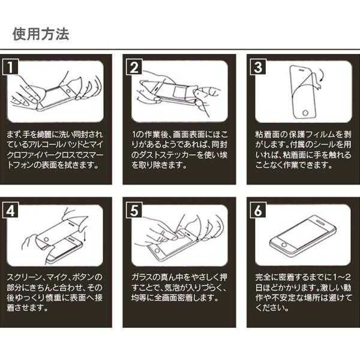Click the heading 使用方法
point(41,34)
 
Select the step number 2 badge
point(134,67)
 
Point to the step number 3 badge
point(257,67)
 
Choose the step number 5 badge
point(134,211)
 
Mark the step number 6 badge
point(257,211)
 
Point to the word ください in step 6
point(267,309)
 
